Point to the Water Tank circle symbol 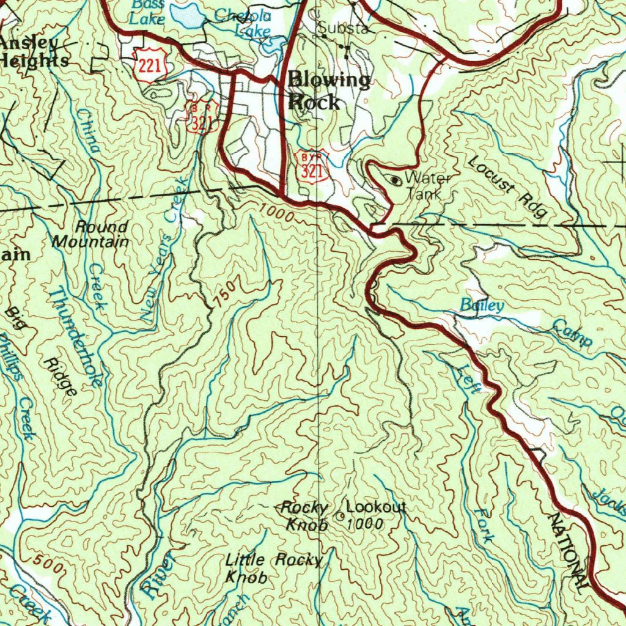[x=396, y=180]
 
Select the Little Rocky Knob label [x=273, y=568]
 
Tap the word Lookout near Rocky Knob [x=376, y=507]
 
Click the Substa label [x=342, y=28]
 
